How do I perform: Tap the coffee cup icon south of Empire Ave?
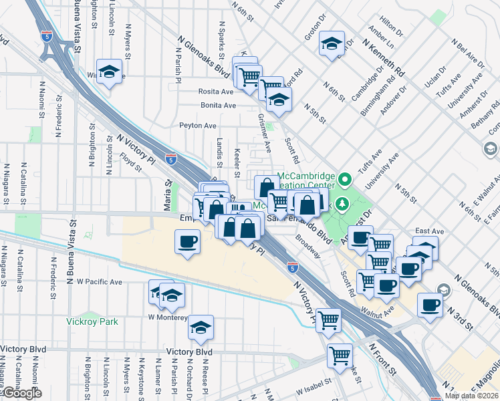click(188, 241)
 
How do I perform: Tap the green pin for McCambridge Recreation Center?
click(345, 179)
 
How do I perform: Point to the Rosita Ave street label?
click(215, 92)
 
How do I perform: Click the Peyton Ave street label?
click(198, 125)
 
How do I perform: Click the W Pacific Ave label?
click(100, 282)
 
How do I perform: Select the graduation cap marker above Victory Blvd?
click(201, 327)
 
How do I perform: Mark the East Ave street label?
click(425, 230)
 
